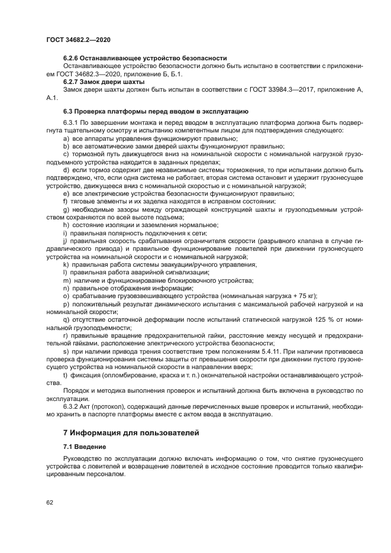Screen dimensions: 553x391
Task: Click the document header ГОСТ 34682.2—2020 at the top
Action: coord(78,39)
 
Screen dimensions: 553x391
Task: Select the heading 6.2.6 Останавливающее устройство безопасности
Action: coord(145,58)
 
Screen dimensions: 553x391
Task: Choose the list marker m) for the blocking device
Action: coord(66,280)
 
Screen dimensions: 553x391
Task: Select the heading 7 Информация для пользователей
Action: coord(131,433)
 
